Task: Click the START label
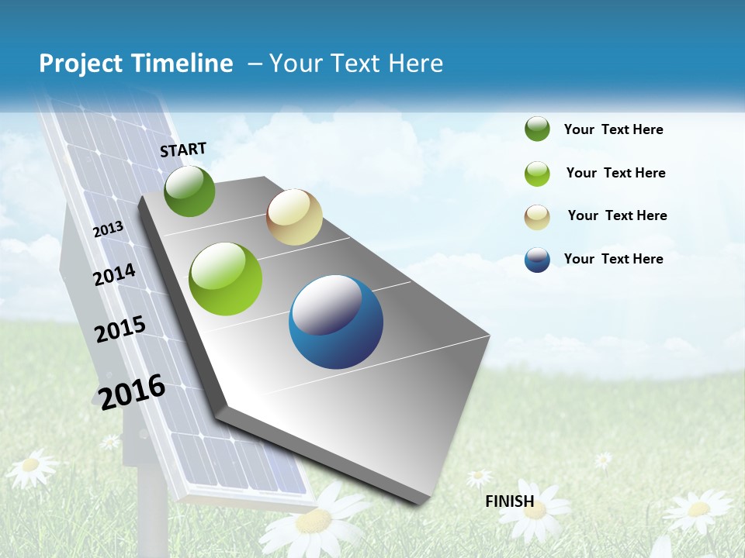[183, 150]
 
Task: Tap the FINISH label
[509, 501]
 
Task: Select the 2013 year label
[109, 229]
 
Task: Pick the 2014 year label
[114, 274]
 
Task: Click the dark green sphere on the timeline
[189, 191]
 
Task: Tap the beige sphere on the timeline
[294, 217]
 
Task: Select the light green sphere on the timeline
[226, 279]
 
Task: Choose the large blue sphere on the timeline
[336, 322]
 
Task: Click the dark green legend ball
[537, 129]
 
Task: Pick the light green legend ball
[537, 174]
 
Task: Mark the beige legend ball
[537, 217]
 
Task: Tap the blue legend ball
[537, 260]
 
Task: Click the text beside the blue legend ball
[613, 259]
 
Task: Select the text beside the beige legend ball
[617, 215]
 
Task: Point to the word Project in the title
[82, 64]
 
